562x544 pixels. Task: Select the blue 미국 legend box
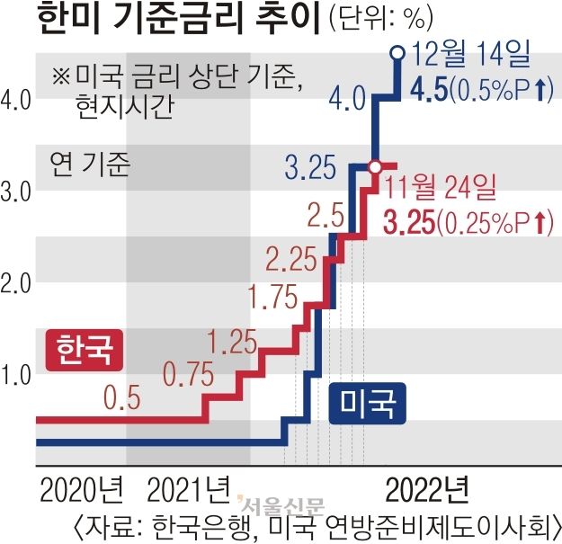click(x=369, y=402)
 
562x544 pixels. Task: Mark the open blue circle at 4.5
click(x=396, y=53)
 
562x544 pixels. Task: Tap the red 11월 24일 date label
click(x=441, y=189)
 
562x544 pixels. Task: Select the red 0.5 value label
click(x=122, y=396)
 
